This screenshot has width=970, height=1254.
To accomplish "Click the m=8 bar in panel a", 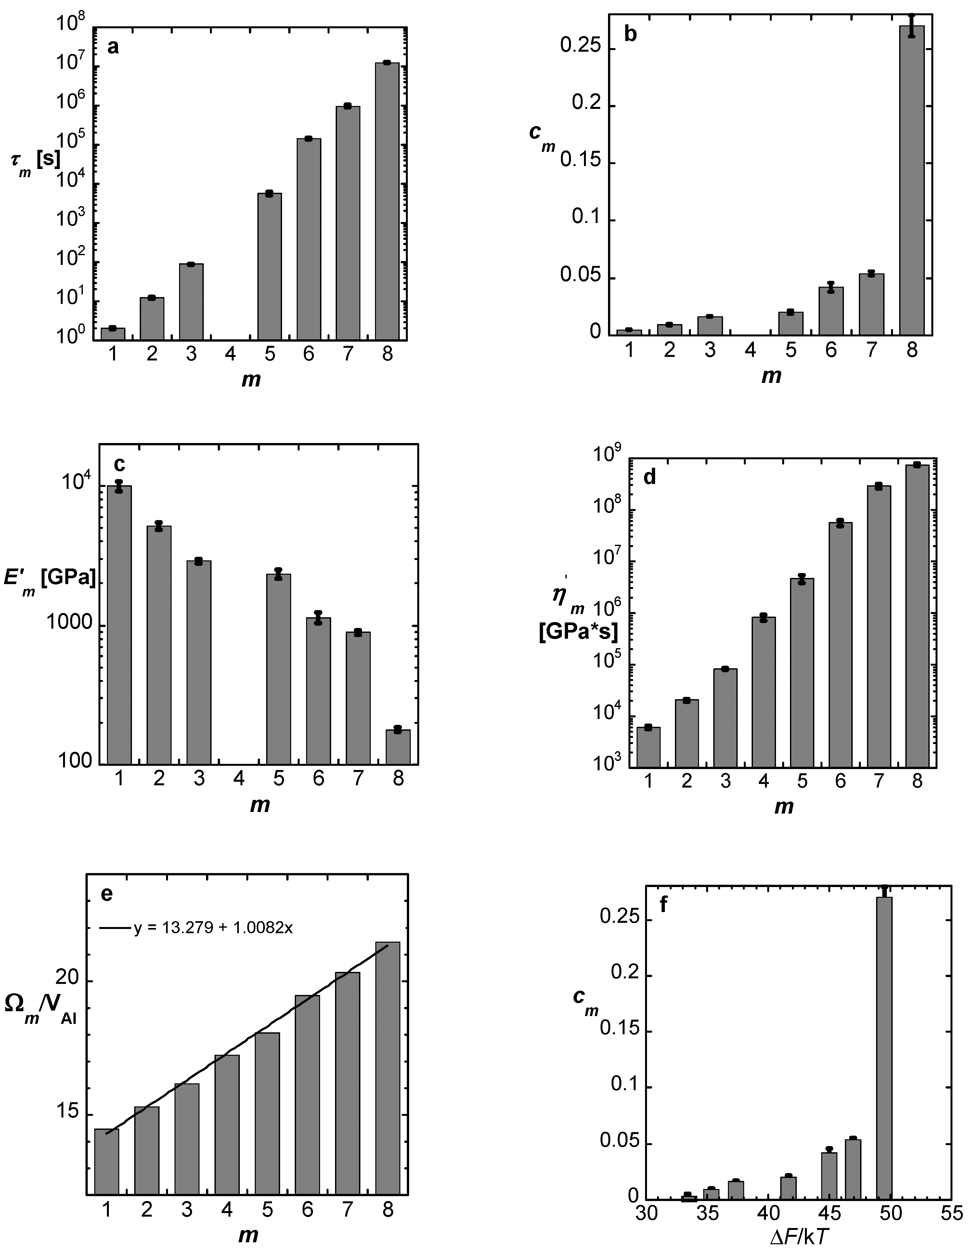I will tap(387, 201).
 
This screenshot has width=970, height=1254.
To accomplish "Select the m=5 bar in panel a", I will tap(269, 267).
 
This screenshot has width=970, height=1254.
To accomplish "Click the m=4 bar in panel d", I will tap(763, 692).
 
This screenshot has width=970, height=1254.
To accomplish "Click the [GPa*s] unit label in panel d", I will tap(578, 632).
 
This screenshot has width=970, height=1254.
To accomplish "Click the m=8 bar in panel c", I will tap(398, 746).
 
